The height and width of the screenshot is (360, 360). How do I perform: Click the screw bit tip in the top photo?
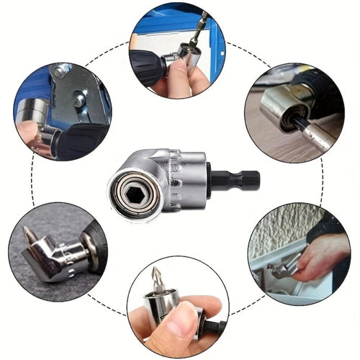(204, 19)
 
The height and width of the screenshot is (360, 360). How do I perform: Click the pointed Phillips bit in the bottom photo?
(158, 277)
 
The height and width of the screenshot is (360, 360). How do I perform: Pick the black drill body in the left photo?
(83, 140)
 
